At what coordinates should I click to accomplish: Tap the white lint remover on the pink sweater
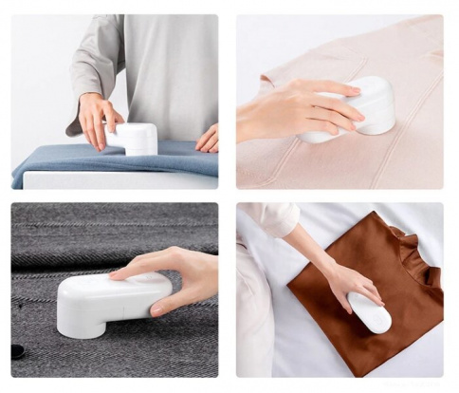click(x=370, y=104)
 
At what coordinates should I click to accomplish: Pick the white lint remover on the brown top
click(x=371, y=313)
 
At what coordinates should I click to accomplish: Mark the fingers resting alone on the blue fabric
click(x=207, y=139)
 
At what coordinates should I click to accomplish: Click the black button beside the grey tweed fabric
click(x=18, y=351)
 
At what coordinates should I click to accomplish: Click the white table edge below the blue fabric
click(x=114, y=180)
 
